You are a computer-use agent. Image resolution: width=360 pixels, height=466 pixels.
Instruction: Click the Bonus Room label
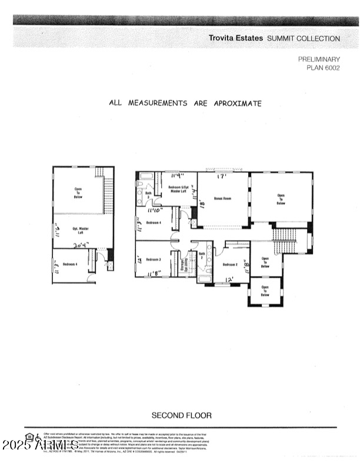tap(222, 198)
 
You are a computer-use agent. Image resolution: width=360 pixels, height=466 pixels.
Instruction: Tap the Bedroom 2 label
tap(229, 264)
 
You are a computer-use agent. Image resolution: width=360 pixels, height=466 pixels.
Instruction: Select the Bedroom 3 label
tap(154, 259)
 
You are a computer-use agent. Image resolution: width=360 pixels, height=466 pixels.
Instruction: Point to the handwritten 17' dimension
tap(222, 177)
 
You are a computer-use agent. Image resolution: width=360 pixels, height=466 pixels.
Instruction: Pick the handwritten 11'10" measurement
tap(155, 210)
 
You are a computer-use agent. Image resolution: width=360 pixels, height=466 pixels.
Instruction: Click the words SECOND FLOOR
tap(182, 415)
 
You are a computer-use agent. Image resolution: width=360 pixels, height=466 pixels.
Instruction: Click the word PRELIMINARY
tap(319, 59)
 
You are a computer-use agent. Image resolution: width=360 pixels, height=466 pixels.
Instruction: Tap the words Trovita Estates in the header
tap(235, 38)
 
